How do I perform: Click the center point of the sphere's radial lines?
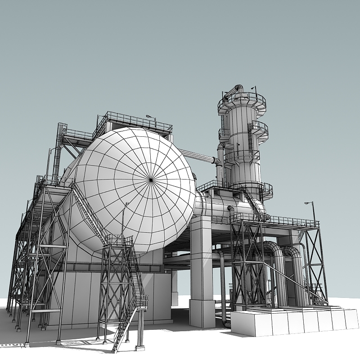tap(151, 180)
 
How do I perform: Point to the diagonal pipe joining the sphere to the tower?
tap(198, 156)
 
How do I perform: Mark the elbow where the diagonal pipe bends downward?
tap(218, 162)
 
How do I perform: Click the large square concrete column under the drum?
tap(201, 270)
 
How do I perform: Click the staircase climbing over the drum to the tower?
tap(252, 203)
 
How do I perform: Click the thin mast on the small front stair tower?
tap(123, 220)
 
